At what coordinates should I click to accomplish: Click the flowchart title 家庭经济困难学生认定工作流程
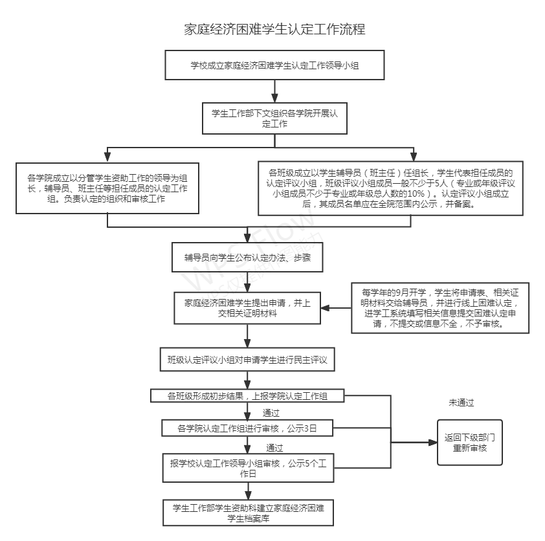click(274, 30)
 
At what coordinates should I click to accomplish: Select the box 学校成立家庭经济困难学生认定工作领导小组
click(275, 65)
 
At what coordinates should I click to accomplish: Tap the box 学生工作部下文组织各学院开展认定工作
click(274, 118)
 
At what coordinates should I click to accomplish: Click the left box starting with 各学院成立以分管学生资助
click(107, 188)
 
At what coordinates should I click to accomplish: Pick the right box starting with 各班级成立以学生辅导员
click(390, 188)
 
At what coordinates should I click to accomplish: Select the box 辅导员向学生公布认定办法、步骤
click(247, 257)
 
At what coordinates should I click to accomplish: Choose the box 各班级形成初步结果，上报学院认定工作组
click(247, 396)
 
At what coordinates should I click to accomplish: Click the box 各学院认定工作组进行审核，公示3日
click(247, 428)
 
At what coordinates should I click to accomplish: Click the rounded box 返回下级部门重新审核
click(469, 443)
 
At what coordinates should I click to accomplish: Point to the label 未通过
click(461, 403)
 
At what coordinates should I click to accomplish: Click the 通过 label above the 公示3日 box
click(271, 413)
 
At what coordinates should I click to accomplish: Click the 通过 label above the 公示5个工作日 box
click(274, 447)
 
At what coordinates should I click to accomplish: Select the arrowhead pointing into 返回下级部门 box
click(433, 443)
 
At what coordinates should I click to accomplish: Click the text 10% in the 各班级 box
click(413, 193)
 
